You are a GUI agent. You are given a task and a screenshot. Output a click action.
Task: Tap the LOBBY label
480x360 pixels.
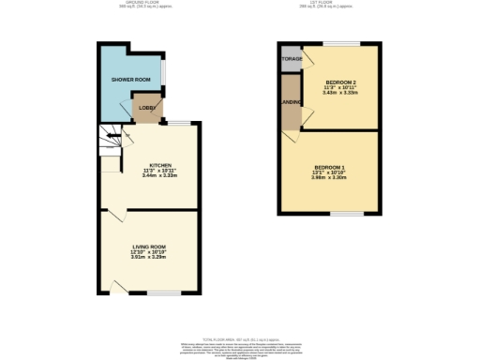(x=147, y=109)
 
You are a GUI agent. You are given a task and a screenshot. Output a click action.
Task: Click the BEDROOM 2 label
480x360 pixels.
(x=335, y=82)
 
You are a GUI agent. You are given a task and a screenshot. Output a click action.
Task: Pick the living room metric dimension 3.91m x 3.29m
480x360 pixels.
(x=150, y=262)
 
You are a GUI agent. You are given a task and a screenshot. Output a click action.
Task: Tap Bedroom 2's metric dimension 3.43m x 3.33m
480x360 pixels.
(x=335, y=94)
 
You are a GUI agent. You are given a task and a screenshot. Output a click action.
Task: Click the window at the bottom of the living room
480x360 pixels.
(x=159, y=293)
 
